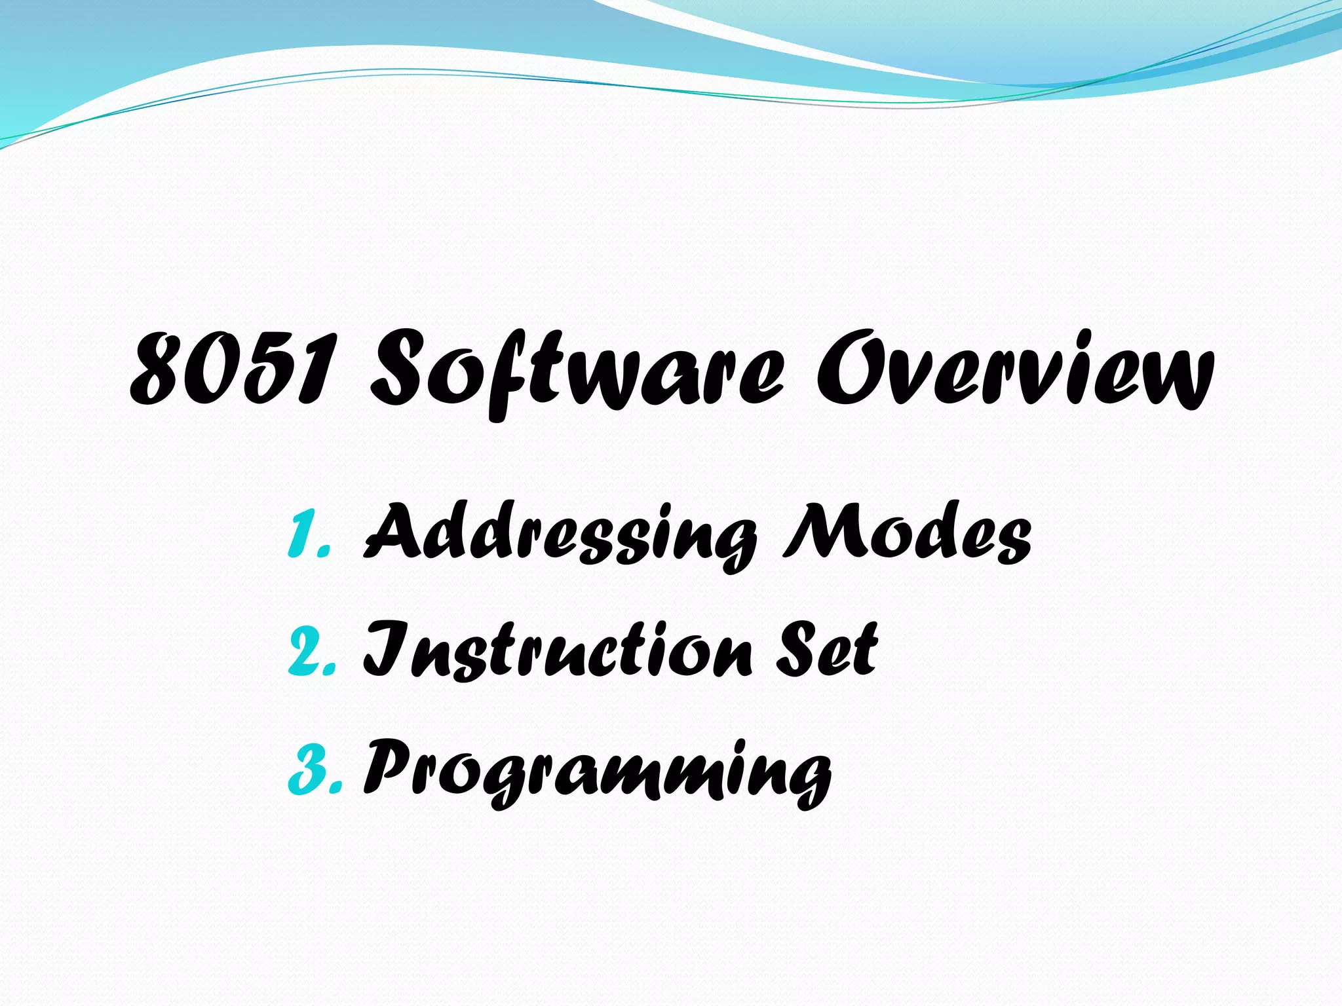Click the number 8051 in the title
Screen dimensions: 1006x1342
pyautogui.click(x=233, y=370)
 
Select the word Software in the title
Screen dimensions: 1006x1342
pyautogui.click(x=577, y=373)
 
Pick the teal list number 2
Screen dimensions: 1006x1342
pyautogui.click(x=311, y=652)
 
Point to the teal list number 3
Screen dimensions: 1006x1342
pyautogui.click(x=313, y=770)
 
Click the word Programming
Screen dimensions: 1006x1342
pyautogui.click(x=596, y=770)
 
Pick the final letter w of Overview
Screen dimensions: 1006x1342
pyautogui.click(x=1173, y=380)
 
